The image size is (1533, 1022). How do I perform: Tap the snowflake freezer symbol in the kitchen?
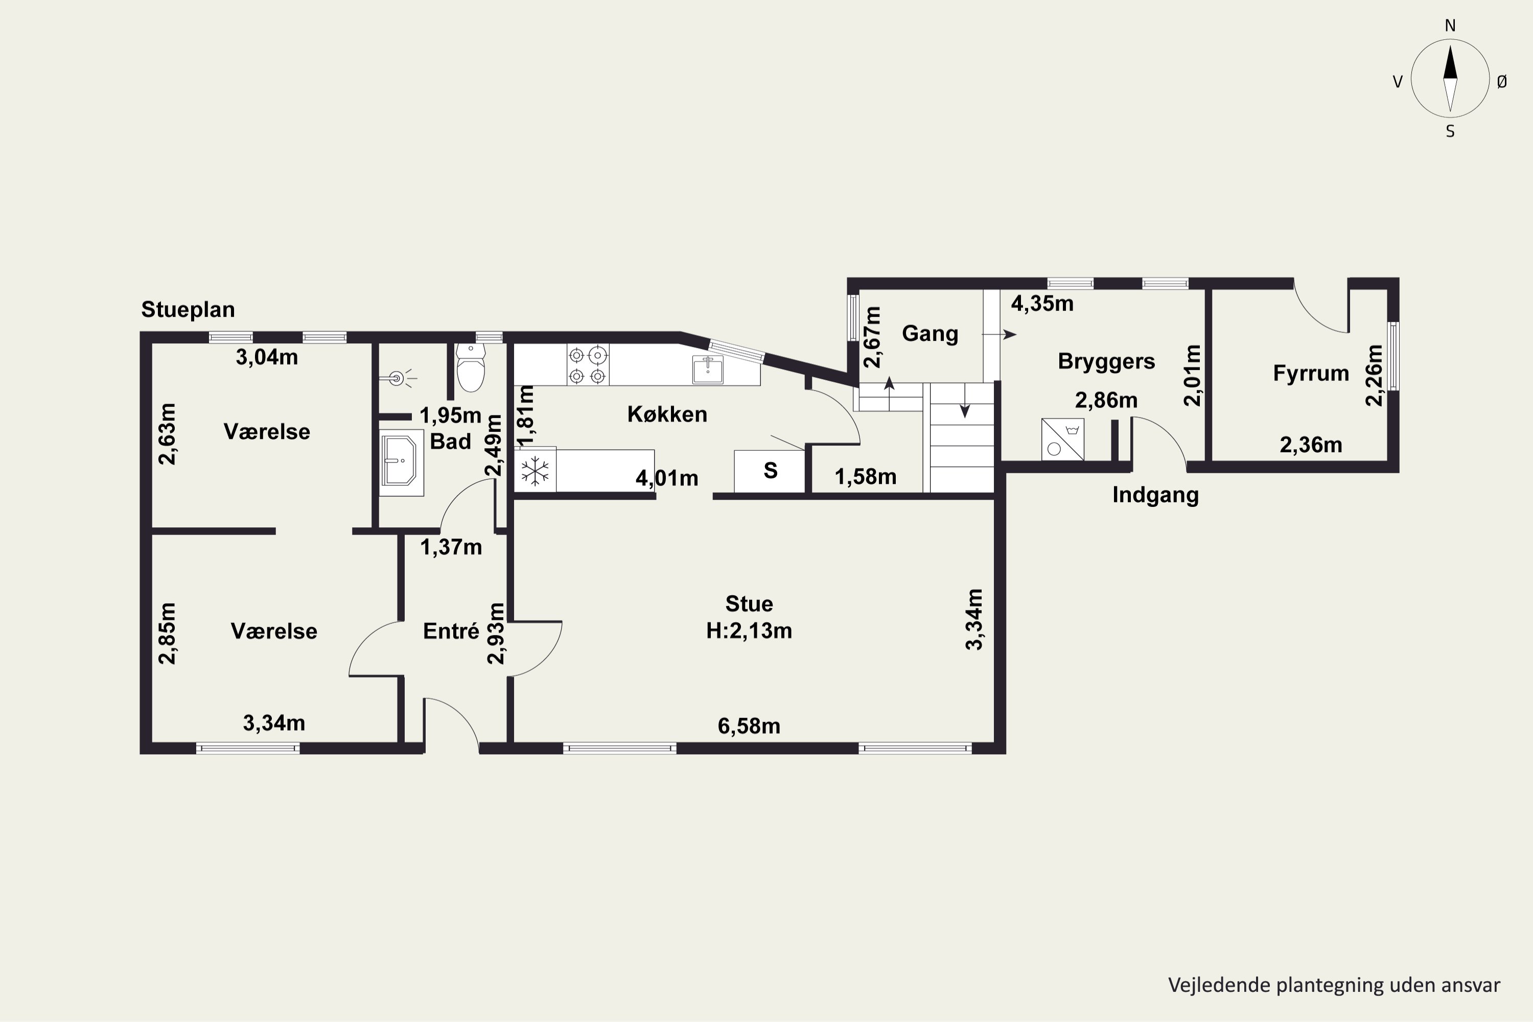pyautogui.click(x=535, y=471)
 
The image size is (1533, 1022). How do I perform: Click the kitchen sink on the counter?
pyautogui.click(x=707, y=369)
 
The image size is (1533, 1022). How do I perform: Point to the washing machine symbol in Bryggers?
pyautogui.click(x=1062, y=439)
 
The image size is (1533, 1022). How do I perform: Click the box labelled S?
pyautogui.click(x=770, y=471)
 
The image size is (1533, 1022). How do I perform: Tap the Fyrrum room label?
pyautogui.click(x=1311, y=374)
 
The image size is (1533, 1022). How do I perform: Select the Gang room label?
pyautogui.click(x=930, y=334)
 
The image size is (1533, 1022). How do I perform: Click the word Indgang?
pyautogui.click(x=1155, y=495)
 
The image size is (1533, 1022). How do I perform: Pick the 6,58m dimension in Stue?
pyautogui.click(x=749, y=726)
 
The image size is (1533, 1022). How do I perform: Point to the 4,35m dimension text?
pyautogui.click(x=1042, y=304)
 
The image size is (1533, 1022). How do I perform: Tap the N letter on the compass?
pyautogui.click(x=1450, y=26)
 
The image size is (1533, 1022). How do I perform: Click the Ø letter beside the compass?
pyautogui.click(x=1502, y=81)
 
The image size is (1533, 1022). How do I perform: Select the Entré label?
pyautogui.click(x=451, y=631)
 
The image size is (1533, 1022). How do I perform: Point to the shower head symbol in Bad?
pyautogui.click(x=398, y=378)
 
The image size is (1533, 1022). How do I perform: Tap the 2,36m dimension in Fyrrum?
pyautogui.click(x=1311, y=445)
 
